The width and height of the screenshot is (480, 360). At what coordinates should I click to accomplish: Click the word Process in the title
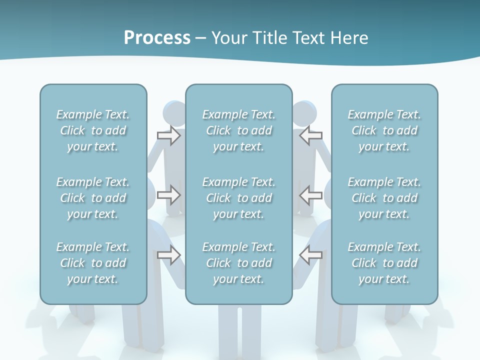157,38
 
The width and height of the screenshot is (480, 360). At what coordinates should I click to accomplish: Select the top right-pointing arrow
169,135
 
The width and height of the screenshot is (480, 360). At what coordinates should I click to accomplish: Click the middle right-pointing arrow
169,195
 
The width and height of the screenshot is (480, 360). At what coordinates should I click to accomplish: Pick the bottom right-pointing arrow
169,255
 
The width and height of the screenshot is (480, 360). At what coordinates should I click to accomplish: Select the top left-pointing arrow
310,135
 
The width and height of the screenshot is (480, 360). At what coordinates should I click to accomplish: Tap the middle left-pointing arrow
310,195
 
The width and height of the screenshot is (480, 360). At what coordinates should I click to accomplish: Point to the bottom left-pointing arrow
310,255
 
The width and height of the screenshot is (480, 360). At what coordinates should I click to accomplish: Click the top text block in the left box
93,130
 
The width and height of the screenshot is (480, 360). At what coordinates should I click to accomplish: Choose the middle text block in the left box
93,198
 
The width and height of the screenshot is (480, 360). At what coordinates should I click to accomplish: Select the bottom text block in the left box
93,263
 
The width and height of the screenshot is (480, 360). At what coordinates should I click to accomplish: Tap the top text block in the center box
238,130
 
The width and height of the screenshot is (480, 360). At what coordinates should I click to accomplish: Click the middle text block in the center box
238,198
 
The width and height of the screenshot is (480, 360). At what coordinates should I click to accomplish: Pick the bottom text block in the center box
238,263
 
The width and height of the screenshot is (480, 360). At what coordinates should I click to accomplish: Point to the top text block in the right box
384,130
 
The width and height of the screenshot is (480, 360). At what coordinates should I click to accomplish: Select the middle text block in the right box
384,198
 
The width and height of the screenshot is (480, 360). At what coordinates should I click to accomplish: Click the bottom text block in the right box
384,263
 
